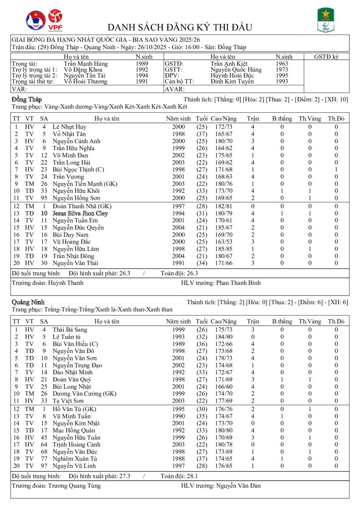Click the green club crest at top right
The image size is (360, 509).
pyautogui.click(x=326, y=20)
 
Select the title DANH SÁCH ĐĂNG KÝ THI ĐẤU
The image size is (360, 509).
pyautogui.click(x=180, y=27)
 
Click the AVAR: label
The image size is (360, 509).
pyautogui.click(x=175, y=89)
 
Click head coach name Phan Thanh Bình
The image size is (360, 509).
pyautogui.click(x=239, y=282)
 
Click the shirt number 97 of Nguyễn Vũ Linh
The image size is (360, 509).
pyautogui.click(x=44, y=466)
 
